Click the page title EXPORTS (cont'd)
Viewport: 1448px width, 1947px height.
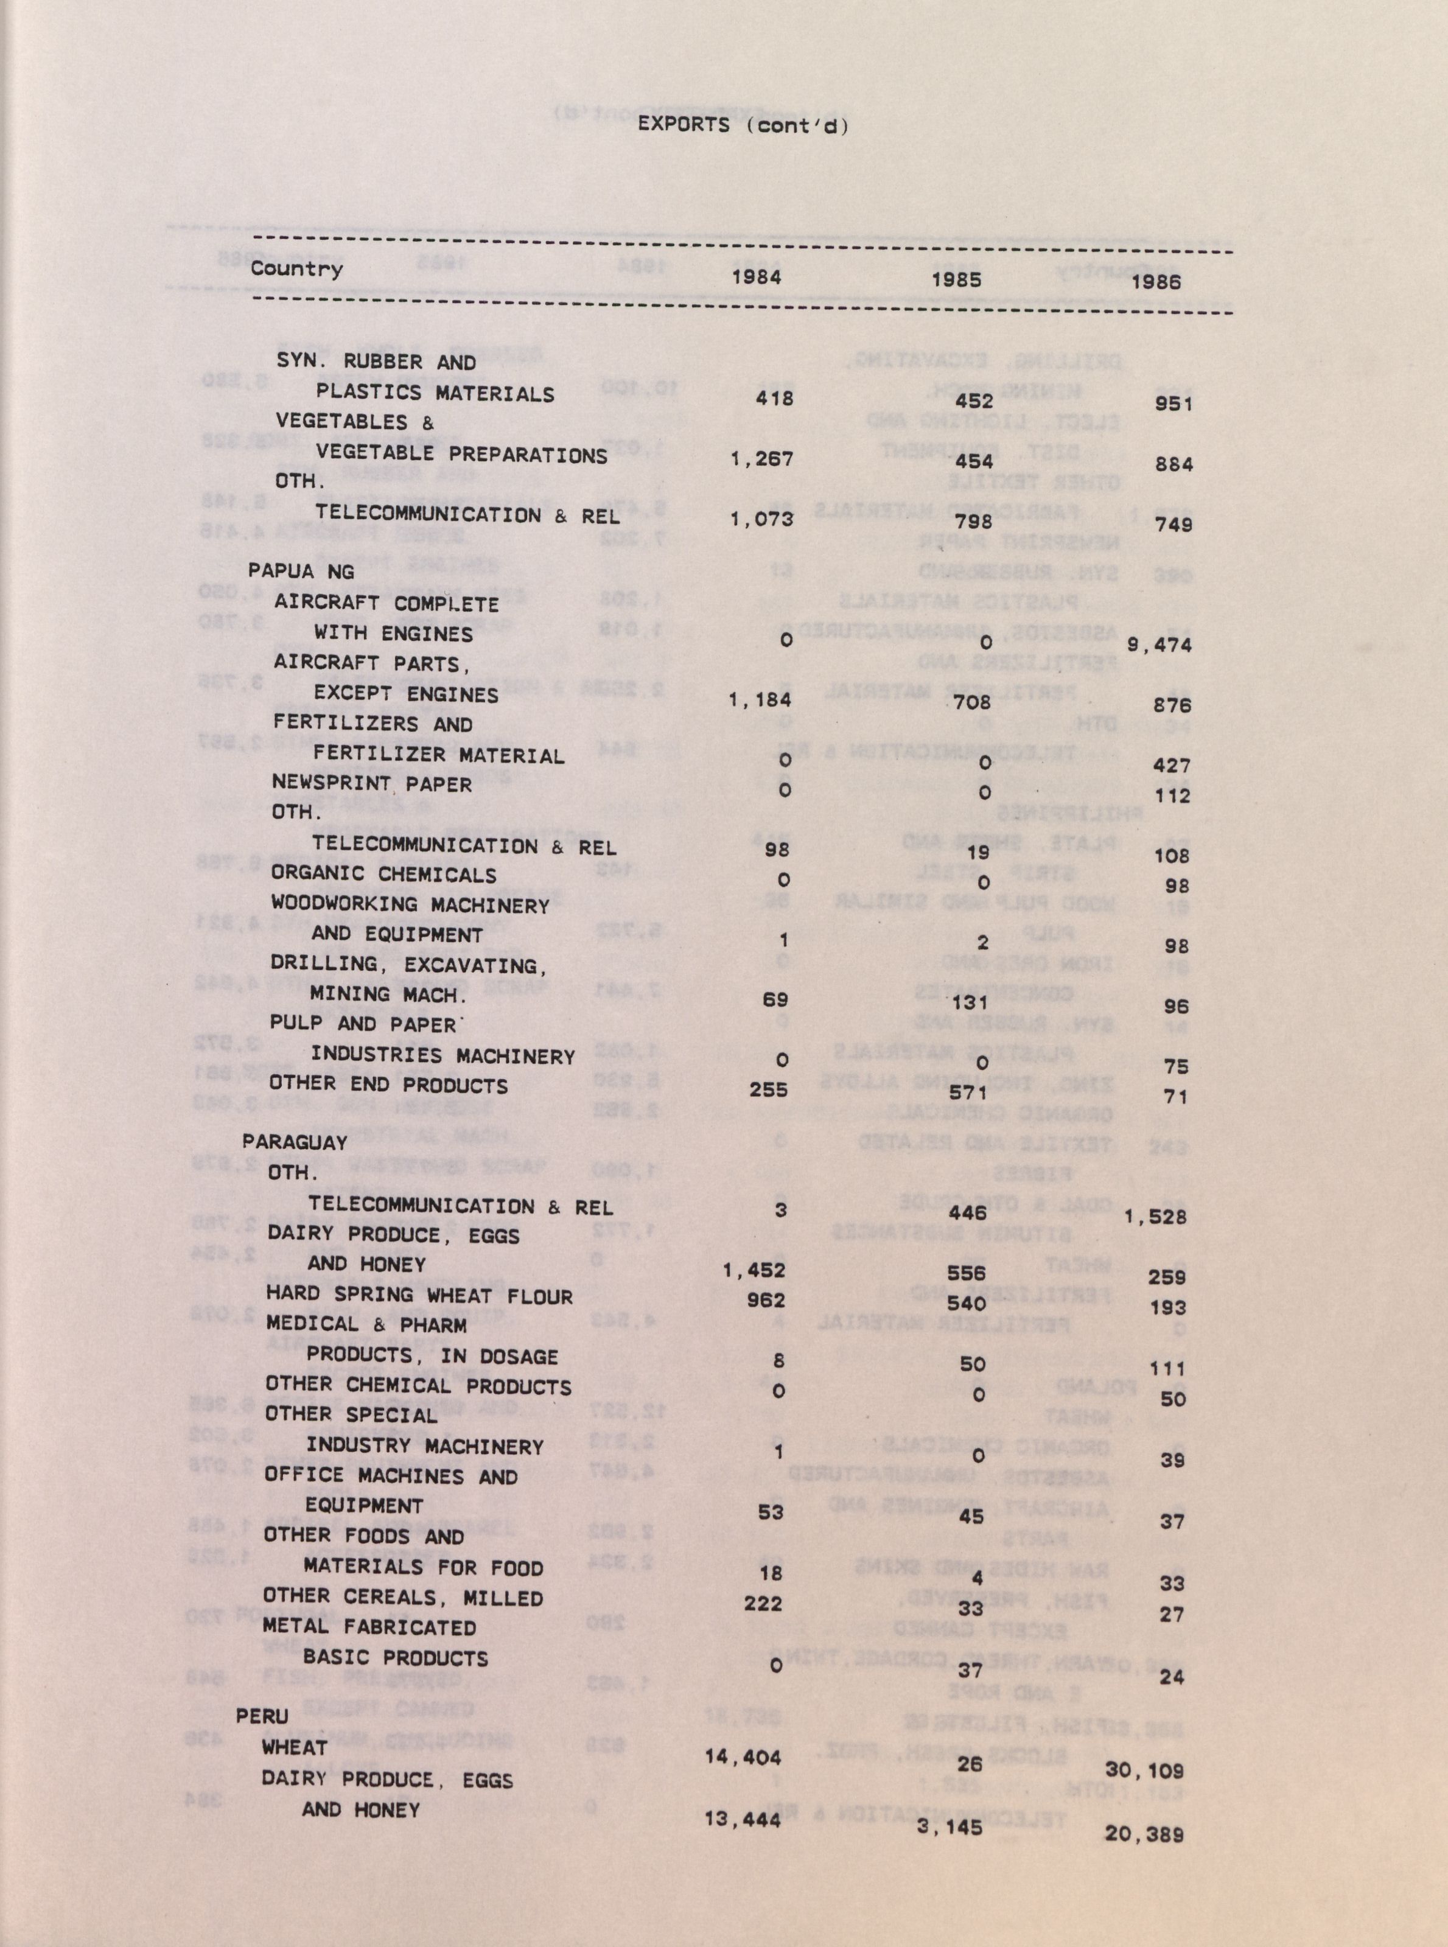(743, 125)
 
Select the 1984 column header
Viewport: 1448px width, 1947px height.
(757, 278)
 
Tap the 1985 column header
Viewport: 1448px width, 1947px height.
(956, 279)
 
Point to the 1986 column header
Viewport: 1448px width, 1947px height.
(1155, 281)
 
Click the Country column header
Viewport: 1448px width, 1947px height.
(296, 269)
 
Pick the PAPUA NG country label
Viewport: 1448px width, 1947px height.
(301, 572)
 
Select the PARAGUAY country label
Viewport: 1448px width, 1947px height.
(295, 1142)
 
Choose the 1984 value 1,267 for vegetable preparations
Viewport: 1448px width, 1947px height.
(761, 458)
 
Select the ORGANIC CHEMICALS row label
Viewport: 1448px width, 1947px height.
(383, 875)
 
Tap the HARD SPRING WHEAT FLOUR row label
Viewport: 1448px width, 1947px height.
(419, 1296)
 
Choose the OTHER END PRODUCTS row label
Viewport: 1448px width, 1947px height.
(388, 1085)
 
